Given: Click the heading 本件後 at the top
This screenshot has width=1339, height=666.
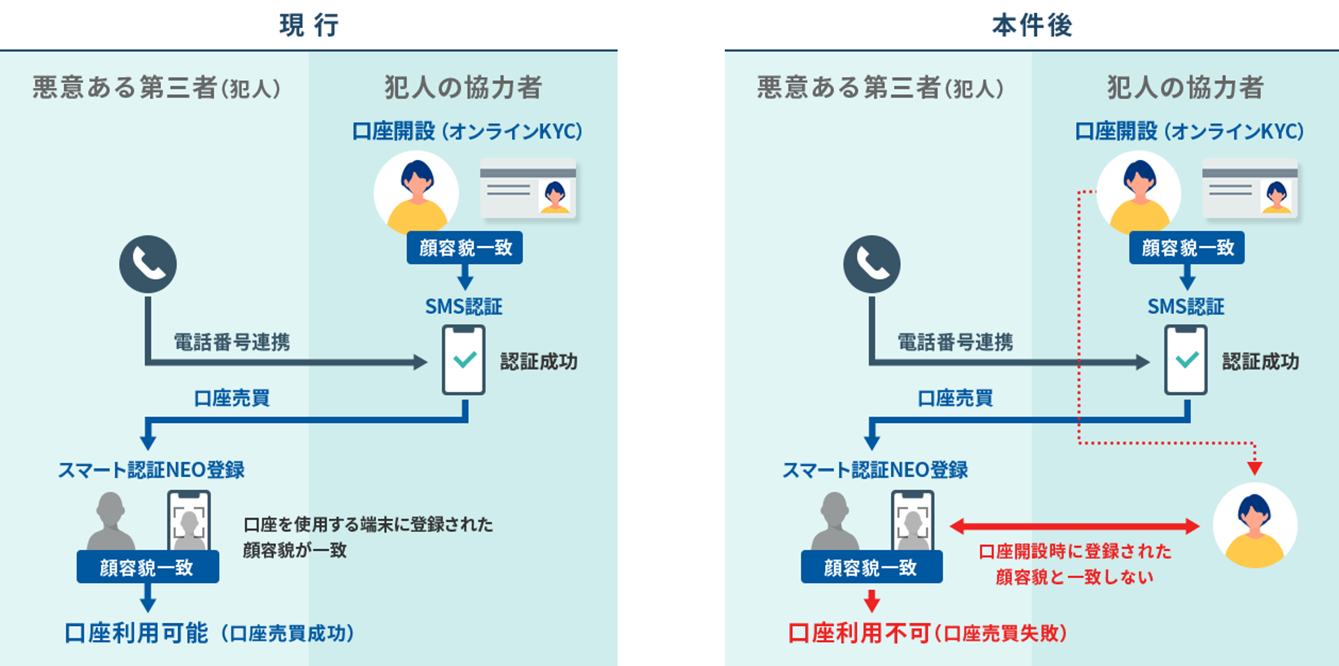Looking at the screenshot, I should tap(1032, 25).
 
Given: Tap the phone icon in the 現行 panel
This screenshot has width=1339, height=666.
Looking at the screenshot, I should tap(148, 264).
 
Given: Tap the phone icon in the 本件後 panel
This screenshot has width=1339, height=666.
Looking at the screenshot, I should tap(872, 264).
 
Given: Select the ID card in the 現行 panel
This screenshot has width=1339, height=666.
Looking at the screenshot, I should tap(528, 188).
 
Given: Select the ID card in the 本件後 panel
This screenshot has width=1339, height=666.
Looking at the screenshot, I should tap(1250, 188).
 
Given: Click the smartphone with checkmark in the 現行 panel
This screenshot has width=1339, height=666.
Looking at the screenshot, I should tap(464, 360).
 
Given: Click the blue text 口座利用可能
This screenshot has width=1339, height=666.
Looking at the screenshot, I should tap(136, 633).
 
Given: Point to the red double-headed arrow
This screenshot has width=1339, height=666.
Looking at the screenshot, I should tap(1074, 526).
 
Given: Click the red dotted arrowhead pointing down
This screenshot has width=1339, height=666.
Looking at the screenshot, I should tap(1254, 468).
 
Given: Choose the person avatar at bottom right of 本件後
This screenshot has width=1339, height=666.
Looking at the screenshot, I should tap(1255, 525).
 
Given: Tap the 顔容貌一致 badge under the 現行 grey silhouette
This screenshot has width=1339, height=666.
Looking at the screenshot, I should tap(148, 567).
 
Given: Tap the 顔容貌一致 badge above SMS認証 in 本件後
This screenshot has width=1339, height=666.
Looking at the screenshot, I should tap(1187, 248).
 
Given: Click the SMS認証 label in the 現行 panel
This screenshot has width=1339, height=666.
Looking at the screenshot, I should tap(464, 307).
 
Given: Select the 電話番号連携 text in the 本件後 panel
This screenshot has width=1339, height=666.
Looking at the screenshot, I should tap(956, 342).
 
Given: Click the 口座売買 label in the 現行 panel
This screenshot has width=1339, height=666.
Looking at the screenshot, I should tap(232, 398).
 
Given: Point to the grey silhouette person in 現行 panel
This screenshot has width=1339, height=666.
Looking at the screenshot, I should tap(111, 520).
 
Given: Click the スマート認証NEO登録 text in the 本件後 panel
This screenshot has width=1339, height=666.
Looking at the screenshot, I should tap(875, 470).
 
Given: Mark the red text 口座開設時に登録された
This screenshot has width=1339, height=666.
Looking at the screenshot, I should tap(1074, 551).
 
